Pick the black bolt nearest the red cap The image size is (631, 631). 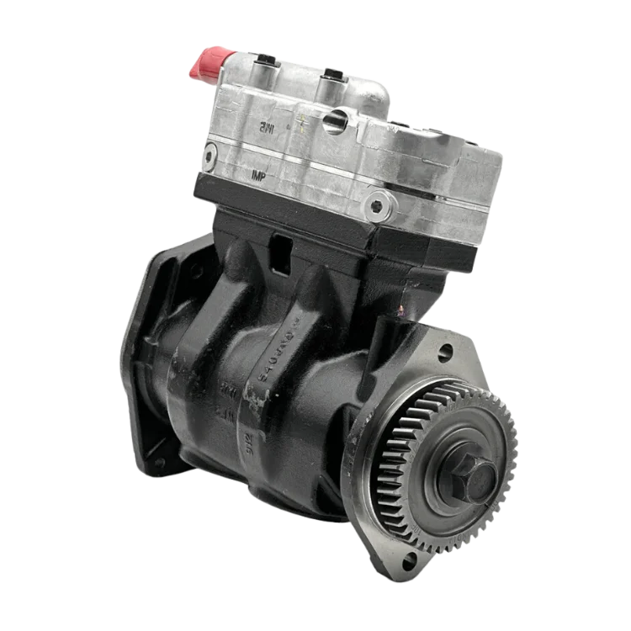(265, 61)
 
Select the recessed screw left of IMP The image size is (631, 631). (209, 154)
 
